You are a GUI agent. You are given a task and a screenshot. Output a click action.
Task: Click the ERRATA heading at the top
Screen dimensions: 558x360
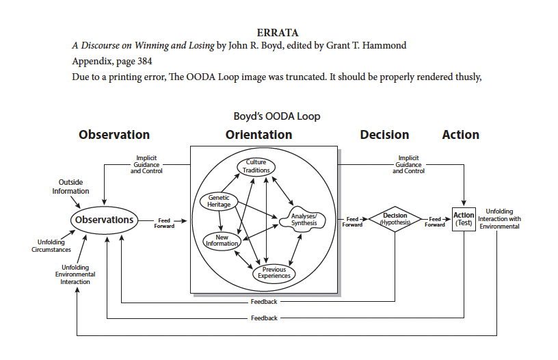[278, 33]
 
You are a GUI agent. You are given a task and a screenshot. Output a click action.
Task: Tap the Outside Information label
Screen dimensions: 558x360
[70, 187]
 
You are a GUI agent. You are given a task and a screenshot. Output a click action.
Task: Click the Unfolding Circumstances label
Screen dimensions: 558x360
[51, 246]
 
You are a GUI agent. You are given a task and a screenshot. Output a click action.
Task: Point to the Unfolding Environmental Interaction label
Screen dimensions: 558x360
[75, 274]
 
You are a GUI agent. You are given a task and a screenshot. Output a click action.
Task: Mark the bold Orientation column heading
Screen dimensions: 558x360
[258, 135]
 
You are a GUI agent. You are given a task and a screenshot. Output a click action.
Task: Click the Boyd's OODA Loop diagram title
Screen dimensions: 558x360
[277, 116]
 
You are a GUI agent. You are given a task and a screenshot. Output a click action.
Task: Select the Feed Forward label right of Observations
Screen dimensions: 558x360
[164, 223]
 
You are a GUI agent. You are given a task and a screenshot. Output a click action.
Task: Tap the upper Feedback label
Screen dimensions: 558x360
[264, 302]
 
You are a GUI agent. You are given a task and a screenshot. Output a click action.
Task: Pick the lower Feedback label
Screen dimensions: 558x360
[264, 318]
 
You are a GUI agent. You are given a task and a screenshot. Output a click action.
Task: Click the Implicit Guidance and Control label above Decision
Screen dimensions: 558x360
[408, 164]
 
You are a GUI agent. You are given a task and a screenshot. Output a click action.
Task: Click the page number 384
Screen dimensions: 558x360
[145, 61]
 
